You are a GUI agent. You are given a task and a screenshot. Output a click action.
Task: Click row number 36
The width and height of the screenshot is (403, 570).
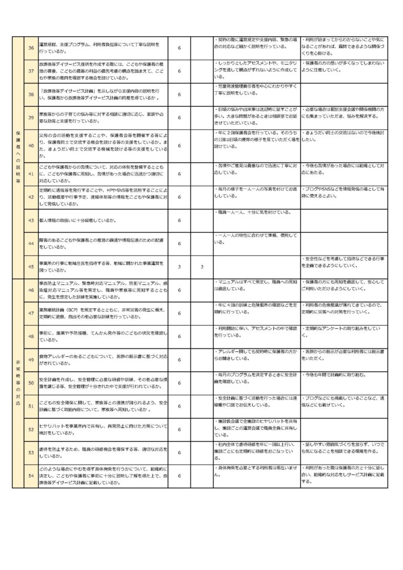click(x=31, y=48)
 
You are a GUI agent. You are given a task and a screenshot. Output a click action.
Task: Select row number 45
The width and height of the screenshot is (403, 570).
click(x=31, y=267)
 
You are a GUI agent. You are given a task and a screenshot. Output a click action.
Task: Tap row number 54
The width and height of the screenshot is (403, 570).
click(x=31, y=475)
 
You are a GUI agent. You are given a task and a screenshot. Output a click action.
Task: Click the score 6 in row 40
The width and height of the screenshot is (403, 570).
click(x=179, y=146)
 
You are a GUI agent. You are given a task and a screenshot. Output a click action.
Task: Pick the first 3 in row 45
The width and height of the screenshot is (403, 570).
click(x=179, y=267)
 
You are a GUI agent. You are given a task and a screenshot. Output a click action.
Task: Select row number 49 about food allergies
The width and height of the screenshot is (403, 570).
click(x=31, y=360)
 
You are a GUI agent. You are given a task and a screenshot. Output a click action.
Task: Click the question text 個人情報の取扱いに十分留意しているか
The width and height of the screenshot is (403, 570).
click(x=78, y=220)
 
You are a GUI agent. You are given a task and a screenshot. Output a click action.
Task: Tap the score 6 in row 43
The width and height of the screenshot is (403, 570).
click(x=179, y=220)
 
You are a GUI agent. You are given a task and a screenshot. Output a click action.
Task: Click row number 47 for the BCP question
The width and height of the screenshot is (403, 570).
click(x=31, y=313)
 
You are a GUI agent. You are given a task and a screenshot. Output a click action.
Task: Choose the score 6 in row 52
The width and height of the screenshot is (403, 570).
click(x=179, y=430)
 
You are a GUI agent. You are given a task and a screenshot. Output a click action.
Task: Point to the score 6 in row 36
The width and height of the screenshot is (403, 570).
click(x=179, y=48)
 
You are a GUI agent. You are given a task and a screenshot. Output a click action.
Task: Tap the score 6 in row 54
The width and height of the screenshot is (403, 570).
click(x=179, y=475)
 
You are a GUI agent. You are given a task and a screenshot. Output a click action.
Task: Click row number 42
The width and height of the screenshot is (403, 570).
click(x=31, y=197)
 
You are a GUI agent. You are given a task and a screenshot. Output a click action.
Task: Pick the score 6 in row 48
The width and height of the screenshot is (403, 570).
click(x=179, y=337)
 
